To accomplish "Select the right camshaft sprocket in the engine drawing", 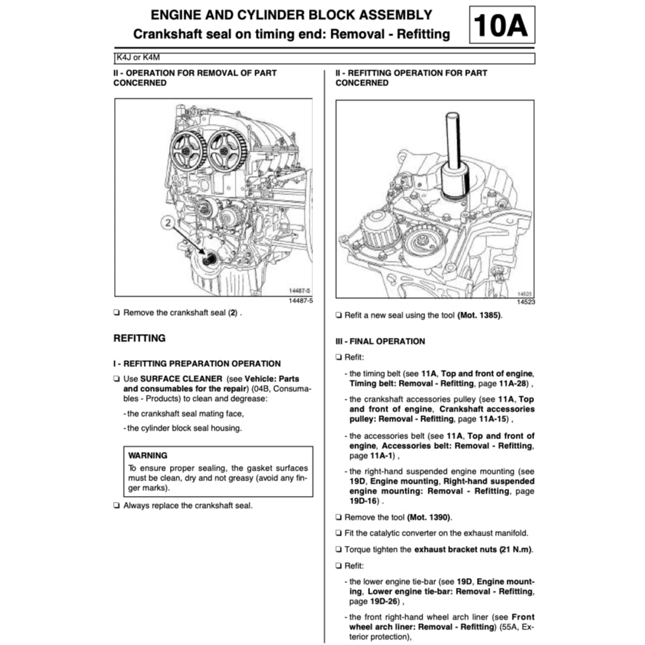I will (x=225, y=149).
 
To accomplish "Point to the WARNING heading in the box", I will (x=148, y=455).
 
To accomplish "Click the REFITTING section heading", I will (x=139, y=339).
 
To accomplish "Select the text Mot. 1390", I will (x=430, y=517).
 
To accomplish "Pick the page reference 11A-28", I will (x=509, y=384).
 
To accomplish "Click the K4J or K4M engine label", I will (x=137, y=58).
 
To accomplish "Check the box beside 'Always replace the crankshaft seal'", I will (x=116, y=505).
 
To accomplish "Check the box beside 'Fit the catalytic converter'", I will (x=339, y=533).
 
